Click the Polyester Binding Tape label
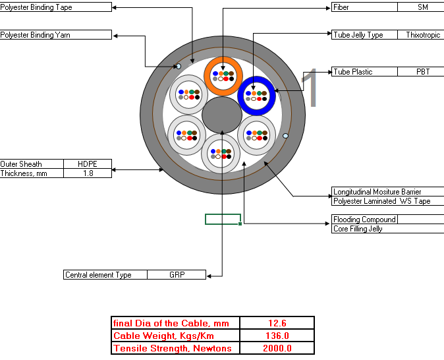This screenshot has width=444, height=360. coord(36,7)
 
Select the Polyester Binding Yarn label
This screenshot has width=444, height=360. coord(35,35)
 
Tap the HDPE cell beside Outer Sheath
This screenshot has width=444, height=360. coord(88,164)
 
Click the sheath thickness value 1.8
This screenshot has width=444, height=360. coord(88,173)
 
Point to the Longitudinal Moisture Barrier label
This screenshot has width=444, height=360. coord(377,192)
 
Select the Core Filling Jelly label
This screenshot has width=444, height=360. coord(358,229)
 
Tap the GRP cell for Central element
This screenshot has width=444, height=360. coord(177,275)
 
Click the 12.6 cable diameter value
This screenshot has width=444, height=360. coord(277,323)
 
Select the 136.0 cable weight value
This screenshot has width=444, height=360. coord(277,336)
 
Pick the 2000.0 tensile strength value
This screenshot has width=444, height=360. coord(277,348)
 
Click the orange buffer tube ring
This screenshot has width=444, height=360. coord(223,61)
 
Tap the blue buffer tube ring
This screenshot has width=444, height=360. coord(256,80)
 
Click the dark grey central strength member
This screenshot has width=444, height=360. coord(222,115)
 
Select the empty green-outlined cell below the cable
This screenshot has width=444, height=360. coord(223,219)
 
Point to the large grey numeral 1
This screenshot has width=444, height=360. coord(310,88)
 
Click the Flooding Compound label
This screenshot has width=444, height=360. coord(364,220)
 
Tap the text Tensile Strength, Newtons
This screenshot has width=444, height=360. coord(172,348)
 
